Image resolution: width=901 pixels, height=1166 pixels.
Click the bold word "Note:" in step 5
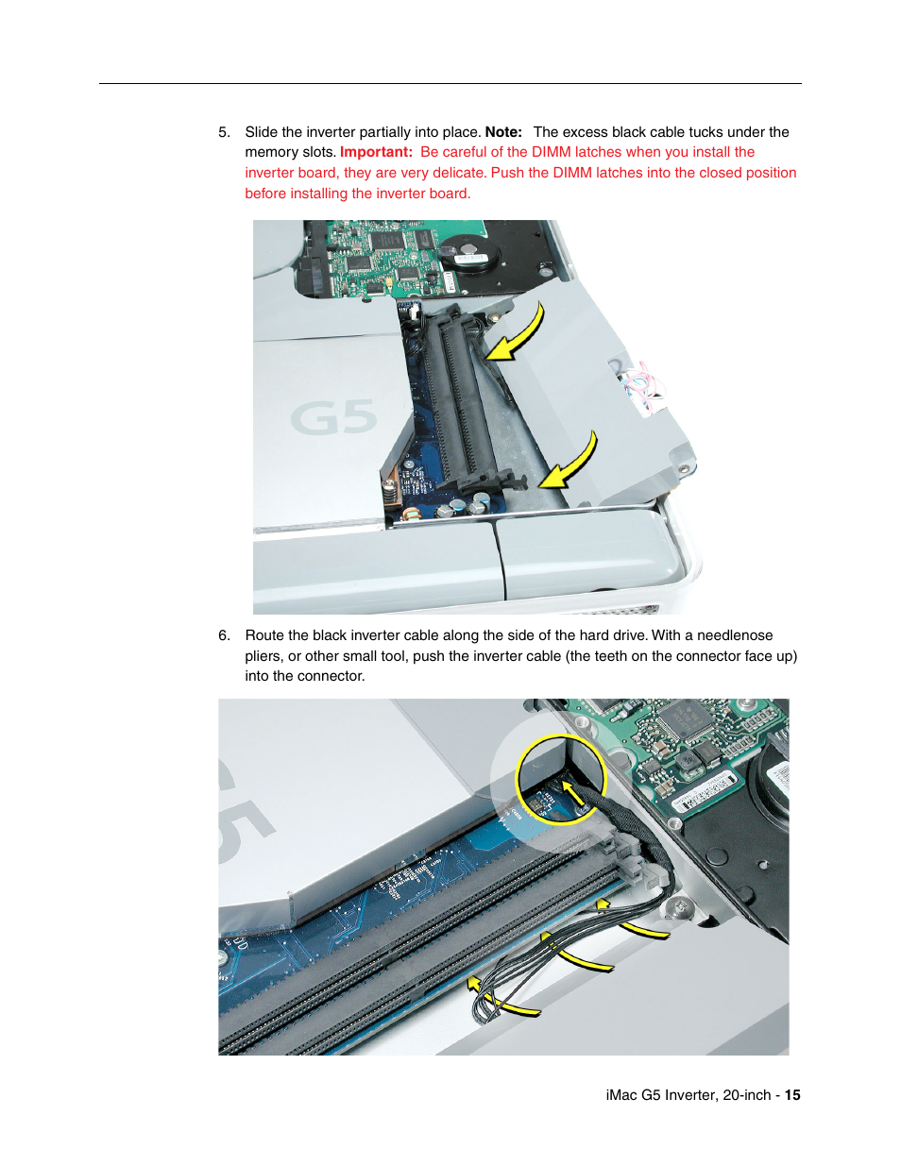coord(503,132)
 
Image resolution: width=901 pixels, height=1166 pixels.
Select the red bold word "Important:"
coord(376,152)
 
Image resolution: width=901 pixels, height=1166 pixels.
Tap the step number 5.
coord(224,132)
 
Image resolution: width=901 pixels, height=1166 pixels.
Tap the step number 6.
coord(224,635)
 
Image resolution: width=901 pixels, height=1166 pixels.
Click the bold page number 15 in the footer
coord(792,1095)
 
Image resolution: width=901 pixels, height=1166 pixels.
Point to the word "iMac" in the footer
coord(621,1095)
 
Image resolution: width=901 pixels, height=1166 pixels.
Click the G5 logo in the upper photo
coord(332,417)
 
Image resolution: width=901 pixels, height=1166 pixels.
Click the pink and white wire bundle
coord(639,387)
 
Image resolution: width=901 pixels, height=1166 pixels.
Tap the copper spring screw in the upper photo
coord(413,515)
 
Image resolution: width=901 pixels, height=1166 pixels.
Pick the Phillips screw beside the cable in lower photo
coord(676,908)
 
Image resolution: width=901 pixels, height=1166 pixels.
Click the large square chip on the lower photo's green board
coord(681,720)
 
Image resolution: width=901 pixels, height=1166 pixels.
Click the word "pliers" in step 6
coord(263,656)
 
